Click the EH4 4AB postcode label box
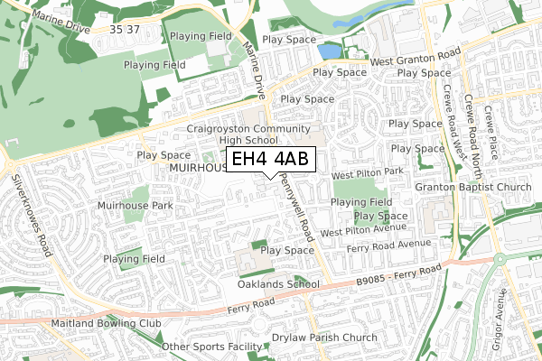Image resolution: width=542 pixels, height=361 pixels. click(x=270, y=160)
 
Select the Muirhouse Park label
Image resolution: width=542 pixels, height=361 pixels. click(x=135, y=206)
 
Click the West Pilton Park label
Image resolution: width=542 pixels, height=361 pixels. click(x=367, y=172)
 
